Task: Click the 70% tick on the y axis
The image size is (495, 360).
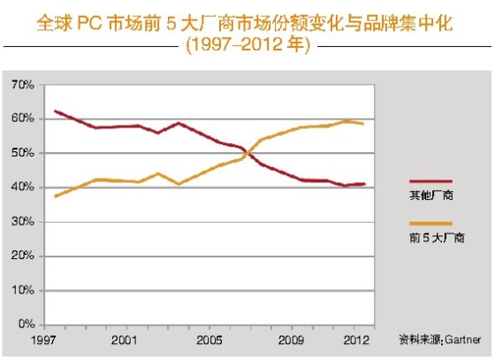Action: click(x=21, y=85)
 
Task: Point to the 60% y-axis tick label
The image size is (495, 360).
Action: click(x=21, y=119)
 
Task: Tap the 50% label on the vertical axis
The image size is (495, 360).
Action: click(x=21, y=153)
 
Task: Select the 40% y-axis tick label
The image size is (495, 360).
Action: click(x=21, y=188)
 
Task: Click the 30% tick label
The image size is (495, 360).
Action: click(x=21, y=222)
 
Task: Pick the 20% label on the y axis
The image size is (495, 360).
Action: click(x=21, y=257)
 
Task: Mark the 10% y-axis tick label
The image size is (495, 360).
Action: click(x=21, y=290)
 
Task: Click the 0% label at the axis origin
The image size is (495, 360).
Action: click(x=24, y=325)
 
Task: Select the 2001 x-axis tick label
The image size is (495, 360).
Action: click(x=124, y=339)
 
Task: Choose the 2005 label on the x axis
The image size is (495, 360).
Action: click(x=209, y=339)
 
